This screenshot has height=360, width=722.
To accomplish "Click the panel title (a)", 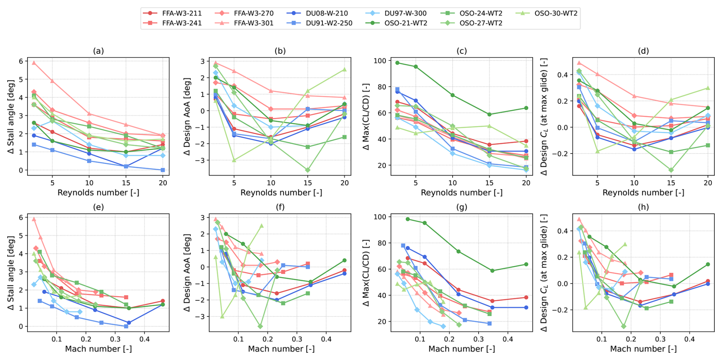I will (98, 51).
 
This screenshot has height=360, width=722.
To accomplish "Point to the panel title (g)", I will (461, 207).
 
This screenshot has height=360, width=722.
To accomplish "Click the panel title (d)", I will (643, 51).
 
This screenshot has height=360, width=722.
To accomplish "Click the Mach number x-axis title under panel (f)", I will (281, 349).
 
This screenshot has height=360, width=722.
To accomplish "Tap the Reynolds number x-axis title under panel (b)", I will (281, 193).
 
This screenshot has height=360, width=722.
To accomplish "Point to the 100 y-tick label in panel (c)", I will (380, 61).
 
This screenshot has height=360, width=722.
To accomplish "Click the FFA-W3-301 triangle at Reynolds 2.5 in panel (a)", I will (34, 63).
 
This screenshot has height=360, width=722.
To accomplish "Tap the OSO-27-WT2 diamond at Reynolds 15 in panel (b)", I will (308, 170).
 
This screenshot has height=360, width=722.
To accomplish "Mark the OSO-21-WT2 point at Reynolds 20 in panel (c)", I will (526, 108).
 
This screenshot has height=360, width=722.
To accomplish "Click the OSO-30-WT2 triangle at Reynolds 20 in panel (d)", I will (708, 88).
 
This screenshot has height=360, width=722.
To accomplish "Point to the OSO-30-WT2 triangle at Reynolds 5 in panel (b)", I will (234, 160).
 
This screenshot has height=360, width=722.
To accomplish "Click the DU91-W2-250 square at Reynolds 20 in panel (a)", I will (163, 170).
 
